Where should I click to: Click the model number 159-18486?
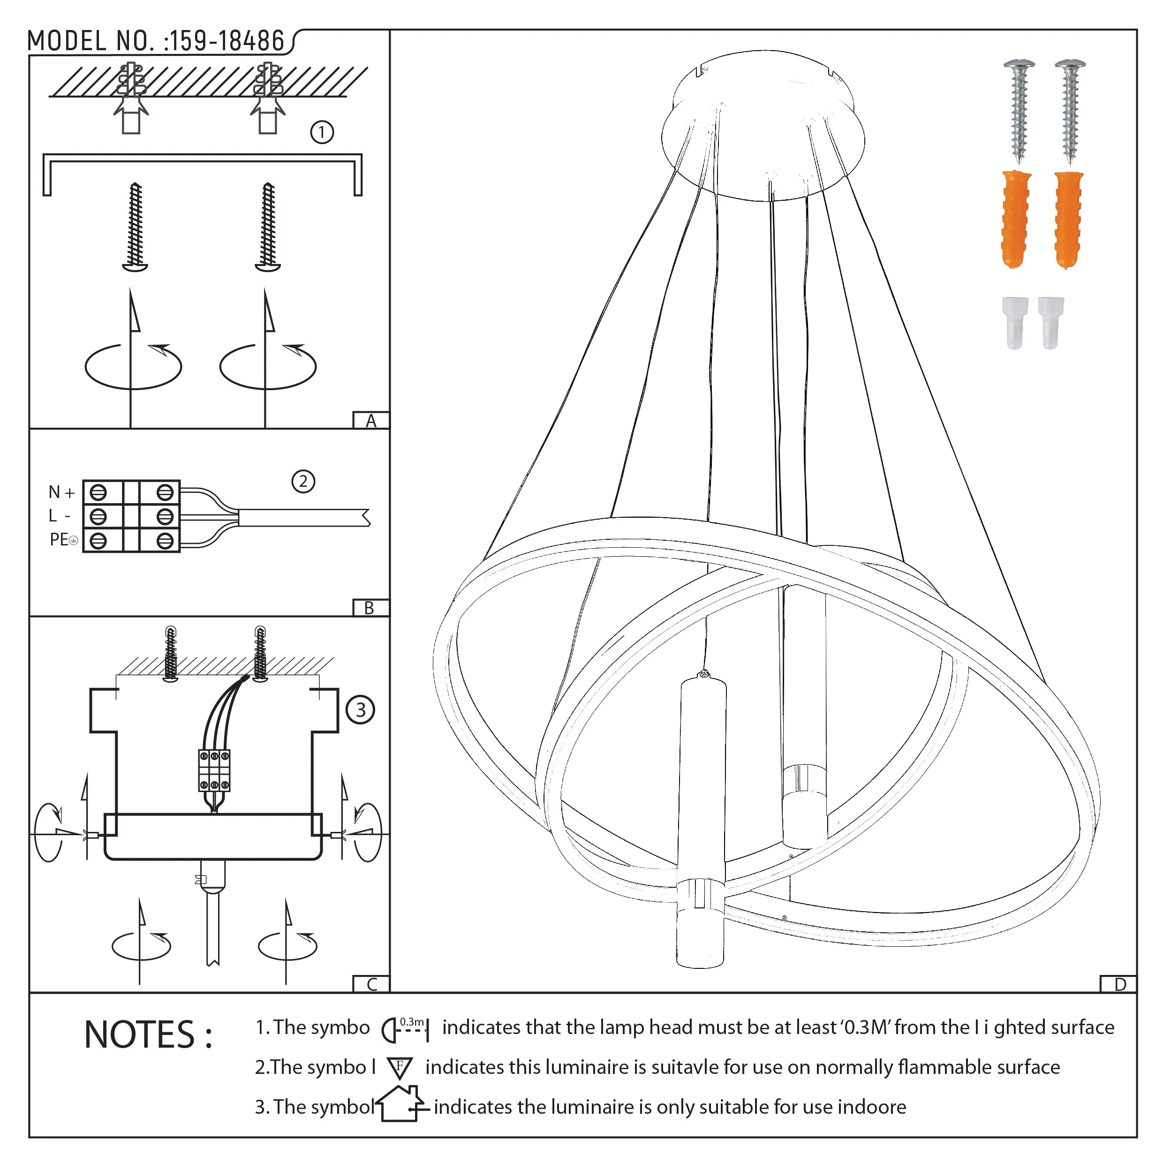point(226,41)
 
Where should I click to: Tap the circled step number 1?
point(321,132)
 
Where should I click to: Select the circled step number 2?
point(303,481)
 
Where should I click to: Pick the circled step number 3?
point(360,709)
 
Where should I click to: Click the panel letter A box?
point(371,420)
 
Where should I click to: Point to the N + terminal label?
point(61,492)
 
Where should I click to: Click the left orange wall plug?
point(1016,219)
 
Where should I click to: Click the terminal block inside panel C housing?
point(214,770)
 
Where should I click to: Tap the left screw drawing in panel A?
point(136,227)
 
